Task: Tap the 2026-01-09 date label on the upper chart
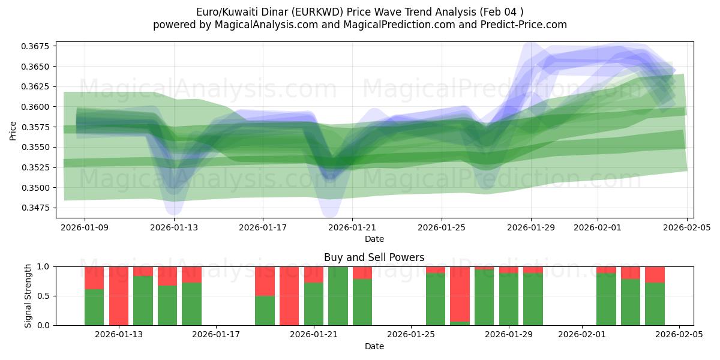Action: coord(85,227)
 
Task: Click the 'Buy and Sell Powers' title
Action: coord(374,257)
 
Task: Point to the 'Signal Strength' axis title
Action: coord(28,296)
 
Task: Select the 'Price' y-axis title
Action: coord(14,130)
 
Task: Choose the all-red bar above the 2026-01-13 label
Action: coord(119,296)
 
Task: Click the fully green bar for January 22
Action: coord(338,296)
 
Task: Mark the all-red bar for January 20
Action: coord(289,296)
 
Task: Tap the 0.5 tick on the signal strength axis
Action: coord(44,296)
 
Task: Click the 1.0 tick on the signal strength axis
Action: coord(44,266)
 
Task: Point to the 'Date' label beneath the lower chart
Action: coord(374,346)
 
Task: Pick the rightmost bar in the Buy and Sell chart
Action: coord(655,296)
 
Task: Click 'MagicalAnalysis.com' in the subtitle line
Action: coord(266,25)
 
